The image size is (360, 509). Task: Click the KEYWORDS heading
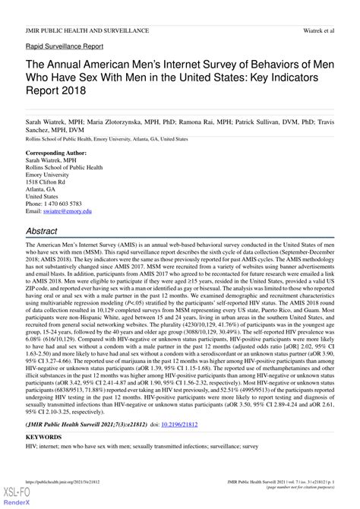pyautogui.click(x=43, y=459)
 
